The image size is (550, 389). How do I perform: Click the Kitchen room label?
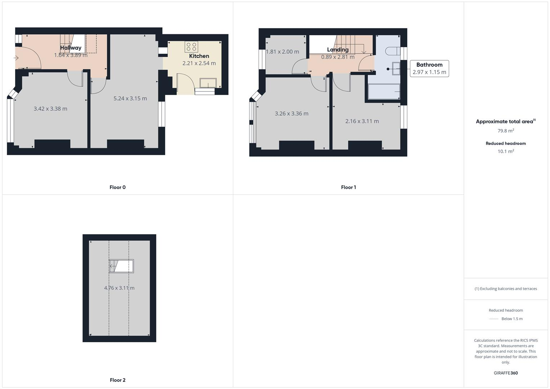(199, 56)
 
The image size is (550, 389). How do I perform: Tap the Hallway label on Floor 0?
(71, 48)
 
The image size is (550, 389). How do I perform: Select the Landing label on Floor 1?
(337, 50)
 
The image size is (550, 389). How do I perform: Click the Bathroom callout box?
(429, 68)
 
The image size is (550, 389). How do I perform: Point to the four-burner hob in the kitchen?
(191, 46)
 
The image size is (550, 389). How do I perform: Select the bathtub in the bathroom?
(384, 91)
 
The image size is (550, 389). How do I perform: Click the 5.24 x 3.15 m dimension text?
(130, 98)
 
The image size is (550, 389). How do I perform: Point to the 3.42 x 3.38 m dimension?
(50, 108)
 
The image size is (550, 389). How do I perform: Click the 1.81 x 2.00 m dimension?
(282, 52)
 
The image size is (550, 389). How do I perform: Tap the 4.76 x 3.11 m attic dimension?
(119, 288)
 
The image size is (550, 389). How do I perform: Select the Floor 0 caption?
(117, 187)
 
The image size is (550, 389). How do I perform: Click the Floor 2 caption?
(117, 380)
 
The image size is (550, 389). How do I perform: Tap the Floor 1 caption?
(348, 187)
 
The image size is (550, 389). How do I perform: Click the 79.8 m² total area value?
(506, 131)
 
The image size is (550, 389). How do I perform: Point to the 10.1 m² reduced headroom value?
(506, 151)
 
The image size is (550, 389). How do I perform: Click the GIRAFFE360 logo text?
(506, 373)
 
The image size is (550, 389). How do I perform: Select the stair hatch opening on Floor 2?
(121, 266)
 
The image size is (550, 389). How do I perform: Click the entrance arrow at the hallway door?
(16, 58)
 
